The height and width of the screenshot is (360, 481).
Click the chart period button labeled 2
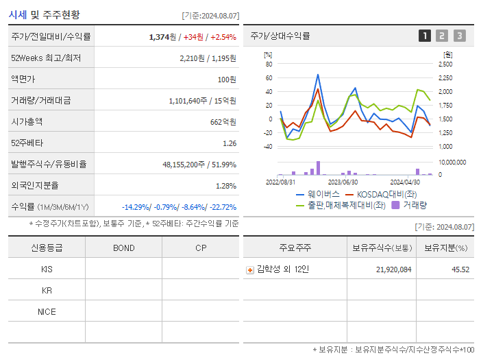[442, 36]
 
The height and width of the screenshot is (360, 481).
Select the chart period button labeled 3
[459, 36]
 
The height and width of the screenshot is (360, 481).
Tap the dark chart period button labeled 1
[425, 36]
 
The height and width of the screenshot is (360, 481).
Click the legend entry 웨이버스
[318, 194]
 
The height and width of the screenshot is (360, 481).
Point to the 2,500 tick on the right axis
[444, 64]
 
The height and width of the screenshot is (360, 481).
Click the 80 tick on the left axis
[269, 64]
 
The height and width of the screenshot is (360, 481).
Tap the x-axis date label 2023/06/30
[343, 182]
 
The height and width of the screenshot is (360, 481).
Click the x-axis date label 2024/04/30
[404, 182]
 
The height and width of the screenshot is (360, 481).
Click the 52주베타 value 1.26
[230, 143]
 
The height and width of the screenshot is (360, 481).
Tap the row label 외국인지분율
[35, 185]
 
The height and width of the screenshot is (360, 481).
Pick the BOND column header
[123, 248]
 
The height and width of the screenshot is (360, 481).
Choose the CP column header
[201, 248]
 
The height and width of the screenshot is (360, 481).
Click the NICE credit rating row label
[47, 312]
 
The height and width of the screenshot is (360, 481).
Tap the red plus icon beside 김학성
[250, 269]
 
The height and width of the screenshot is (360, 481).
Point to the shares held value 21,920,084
[394, 269]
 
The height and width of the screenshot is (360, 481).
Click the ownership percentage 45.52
[460, 269]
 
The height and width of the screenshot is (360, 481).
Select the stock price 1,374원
[163, 36]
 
